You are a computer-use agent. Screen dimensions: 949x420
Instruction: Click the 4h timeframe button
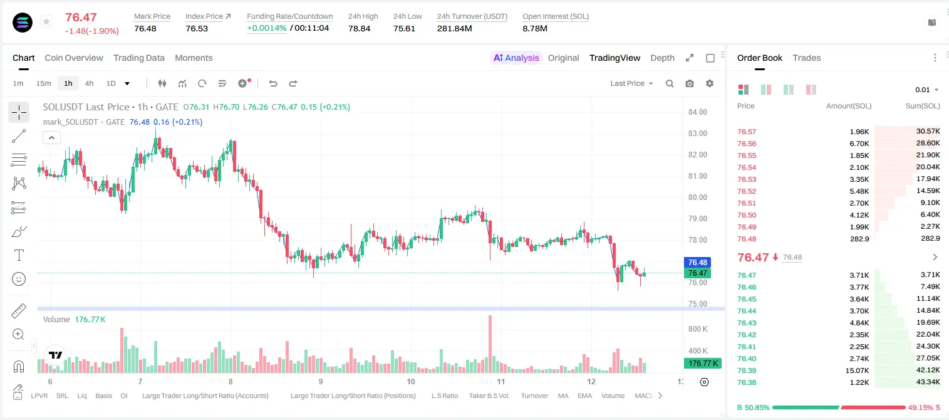pos(89,83)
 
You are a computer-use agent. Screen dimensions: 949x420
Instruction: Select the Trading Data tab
pos(139,58)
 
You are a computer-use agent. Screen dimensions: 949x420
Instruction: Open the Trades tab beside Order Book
pos(807,58)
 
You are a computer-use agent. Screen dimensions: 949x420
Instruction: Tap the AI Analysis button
pos(516,58)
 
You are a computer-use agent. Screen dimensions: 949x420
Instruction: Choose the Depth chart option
pos(662,58)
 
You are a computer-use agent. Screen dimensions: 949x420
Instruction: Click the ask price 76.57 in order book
pos(747,132)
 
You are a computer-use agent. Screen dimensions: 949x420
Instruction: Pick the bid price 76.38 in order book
pos(747,382)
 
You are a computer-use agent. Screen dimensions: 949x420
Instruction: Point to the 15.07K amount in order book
pos(857,370)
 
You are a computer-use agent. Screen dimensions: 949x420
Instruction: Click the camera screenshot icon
pos(690,83)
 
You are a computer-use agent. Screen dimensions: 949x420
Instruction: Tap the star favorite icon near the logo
pos(46,21)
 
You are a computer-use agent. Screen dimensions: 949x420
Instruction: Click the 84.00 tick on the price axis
pos(698,112)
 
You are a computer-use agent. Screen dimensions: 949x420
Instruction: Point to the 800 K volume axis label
pos(698,329)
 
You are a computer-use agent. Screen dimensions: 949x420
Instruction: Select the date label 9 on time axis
pos(321,381)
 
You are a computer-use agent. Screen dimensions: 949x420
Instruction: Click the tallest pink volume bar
pos(490,344)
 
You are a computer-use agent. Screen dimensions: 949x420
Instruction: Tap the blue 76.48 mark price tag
pos(697,262)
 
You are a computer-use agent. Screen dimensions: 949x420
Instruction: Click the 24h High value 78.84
pos(360,28)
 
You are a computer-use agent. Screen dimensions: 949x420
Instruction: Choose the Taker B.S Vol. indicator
pos(489,396)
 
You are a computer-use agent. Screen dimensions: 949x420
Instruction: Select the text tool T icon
pos(19,255)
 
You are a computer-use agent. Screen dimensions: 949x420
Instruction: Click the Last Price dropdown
pos(631,83)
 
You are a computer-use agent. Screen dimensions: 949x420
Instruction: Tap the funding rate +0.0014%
pos(267,28)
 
